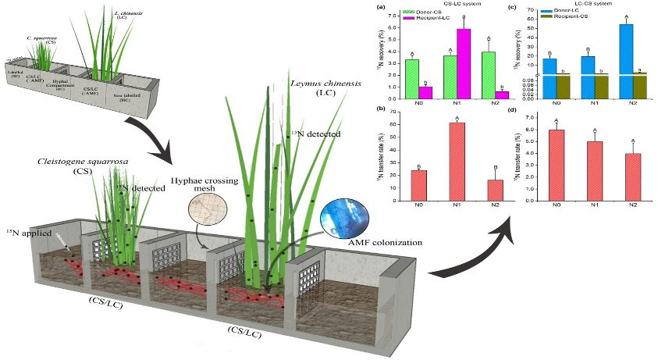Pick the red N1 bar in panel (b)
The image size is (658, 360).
456,156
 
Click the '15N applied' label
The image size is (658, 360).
25,232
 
